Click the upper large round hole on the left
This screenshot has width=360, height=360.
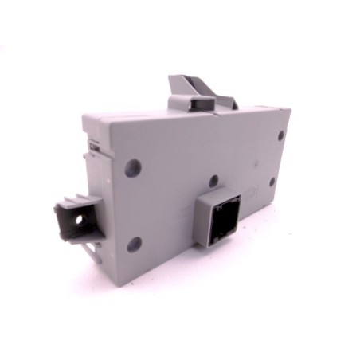coord(134,168)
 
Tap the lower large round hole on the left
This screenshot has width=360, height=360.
coord(134,244)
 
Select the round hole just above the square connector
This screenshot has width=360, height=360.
coord(213,182)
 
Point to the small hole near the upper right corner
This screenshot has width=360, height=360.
coord(280,135)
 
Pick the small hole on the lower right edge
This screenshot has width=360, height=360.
coord(272,182)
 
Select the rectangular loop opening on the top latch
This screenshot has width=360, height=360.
coord(193,101)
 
